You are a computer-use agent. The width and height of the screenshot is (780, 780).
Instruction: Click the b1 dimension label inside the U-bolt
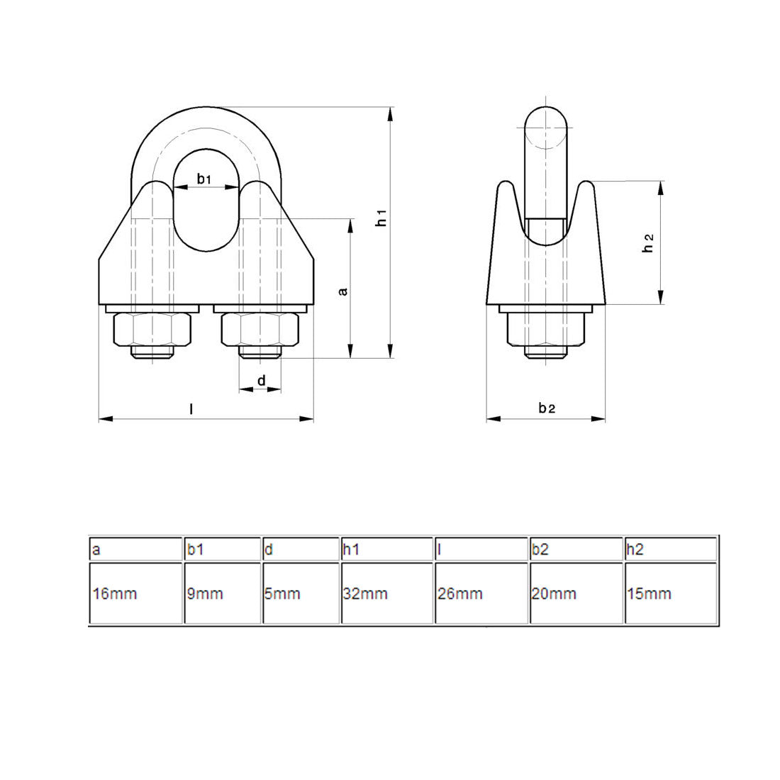(x=204, y=179)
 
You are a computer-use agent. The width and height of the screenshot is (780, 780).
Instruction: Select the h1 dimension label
(x=381, y=218)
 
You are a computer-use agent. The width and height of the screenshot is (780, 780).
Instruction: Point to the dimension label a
(x=343, y=291)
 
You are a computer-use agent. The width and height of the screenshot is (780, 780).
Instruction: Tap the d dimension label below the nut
(x=261, y=381)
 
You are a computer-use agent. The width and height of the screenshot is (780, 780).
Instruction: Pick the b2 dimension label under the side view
(x=546, y=408)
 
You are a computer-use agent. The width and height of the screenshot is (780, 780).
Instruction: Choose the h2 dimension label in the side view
(x=647, y=243)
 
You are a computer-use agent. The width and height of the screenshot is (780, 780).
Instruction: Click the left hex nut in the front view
(x=152, y=329)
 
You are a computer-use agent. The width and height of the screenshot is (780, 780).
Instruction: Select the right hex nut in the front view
(x=260, y=329)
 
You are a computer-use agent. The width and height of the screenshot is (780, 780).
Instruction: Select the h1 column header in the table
(x=387, y=549)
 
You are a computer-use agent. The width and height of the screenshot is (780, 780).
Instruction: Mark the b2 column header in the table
(x=576, y=549)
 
